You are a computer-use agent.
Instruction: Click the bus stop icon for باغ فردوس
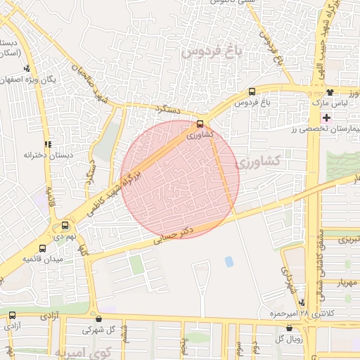click(252, 91)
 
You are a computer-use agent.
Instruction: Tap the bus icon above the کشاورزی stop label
click(200, 124)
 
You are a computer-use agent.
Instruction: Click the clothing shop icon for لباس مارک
click(330, 91)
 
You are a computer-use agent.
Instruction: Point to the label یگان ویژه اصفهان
click(51, 80)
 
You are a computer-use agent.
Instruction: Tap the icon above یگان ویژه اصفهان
click(27, 69)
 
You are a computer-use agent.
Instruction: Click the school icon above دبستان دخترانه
click(48, 143)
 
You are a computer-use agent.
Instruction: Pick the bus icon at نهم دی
click(65, 226)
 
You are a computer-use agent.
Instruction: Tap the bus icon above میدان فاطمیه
click(43, 248)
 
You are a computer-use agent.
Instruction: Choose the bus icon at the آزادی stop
click(12, 315)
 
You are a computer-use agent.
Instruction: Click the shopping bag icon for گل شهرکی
click(98, 318)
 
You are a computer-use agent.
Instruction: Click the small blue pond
click(229, 262)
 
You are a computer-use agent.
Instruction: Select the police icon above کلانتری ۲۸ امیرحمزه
click(302, 302)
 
